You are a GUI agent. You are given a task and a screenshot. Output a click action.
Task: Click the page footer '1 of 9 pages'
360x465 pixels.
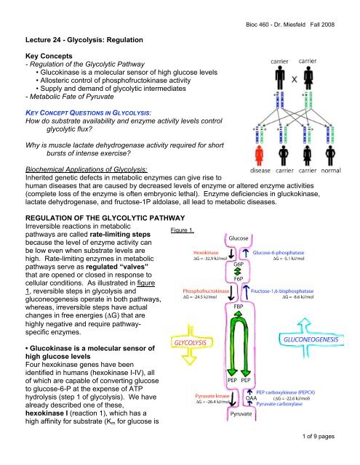tap(329, 456)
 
